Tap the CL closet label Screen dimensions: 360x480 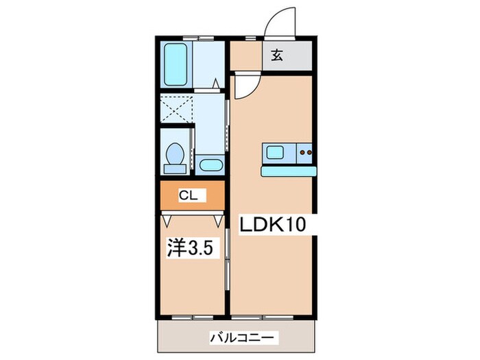point(189,196)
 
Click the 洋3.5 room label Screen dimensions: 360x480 point(193,248)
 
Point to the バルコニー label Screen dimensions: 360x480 point(243,337)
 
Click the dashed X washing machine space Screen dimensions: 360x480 point(176,108)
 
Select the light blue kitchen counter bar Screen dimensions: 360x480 point(289,171)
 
